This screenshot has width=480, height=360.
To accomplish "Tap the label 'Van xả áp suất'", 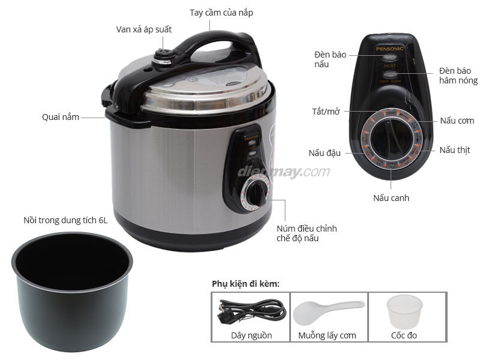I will pos(144,29).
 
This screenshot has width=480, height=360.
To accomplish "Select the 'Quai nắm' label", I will pos(61,117).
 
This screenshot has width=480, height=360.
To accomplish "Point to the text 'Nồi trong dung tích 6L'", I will pos(65,220).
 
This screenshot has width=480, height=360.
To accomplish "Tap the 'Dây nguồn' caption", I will pos(251,335).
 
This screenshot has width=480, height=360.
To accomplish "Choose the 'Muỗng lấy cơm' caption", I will pos(327,335).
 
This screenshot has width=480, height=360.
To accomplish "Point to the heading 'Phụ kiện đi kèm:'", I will pos(245,284).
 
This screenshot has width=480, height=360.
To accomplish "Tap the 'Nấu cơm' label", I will pos(457,121).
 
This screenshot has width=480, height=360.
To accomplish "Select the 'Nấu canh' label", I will pos(391,197).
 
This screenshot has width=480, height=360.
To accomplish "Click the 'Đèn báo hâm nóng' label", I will pos(458,75).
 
